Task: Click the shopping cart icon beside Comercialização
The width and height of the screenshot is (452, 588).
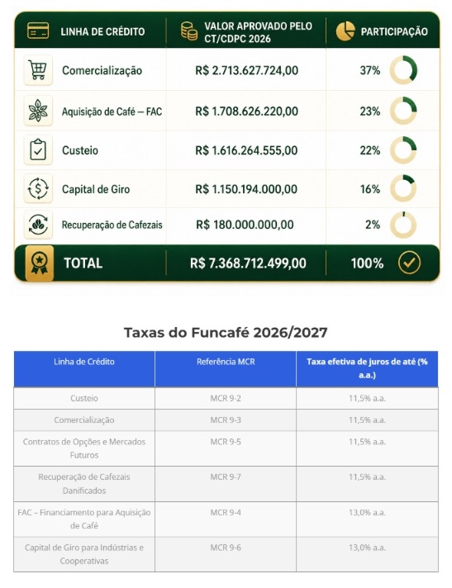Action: (38, 70)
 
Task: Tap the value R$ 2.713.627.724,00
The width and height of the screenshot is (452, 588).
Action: (246, 70)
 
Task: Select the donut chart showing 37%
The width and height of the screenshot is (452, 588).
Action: (403, 70)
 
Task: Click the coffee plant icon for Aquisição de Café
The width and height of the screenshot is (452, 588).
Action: (38, 111)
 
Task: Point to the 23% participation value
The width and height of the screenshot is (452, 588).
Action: (370, 111)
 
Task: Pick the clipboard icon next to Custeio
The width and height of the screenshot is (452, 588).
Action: (38, 150)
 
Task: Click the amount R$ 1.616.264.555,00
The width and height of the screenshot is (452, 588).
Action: (246, 150)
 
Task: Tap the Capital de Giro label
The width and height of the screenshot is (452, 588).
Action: (96, 189)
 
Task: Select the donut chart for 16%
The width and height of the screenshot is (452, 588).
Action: (403, 188)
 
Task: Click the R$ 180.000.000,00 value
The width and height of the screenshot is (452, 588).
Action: (245, 225)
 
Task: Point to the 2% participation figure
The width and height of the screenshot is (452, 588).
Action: (373, 225)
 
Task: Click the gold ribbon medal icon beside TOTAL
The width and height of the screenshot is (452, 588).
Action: (40, 263)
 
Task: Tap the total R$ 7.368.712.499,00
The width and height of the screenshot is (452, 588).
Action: (248, 263)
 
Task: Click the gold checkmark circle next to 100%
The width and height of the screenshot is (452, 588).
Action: (409, 263)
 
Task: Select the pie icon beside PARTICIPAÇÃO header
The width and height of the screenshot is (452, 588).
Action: (345, 31)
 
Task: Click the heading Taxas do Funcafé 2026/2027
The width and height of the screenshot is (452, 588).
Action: (226, 333)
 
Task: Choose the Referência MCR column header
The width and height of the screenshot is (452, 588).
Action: (226, 362)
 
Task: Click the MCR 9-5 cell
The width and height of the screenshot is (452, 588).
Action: (226, 442)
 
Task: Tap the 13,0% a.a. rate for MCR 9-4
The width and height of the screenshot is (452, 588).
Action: (367, 512)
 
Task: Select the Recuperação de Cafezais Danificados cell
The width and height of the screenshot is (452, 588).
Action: (84, 484)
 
